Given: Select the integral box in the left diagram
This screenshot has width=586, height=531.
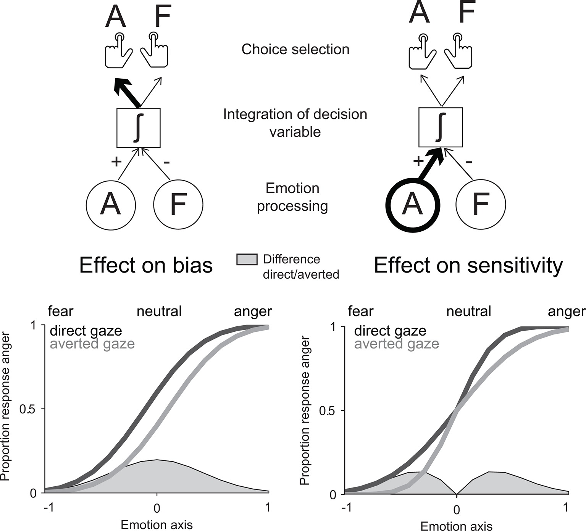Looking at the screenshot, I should (138, 128).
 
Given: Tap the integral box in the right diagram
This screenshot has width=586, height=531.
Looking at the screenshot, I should (441, 128).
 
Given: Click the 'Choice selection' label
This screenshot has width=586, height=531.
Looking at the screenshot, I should (295, 50).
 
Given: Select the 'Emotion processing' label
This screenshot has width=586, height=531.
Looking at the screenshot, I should (292, 197).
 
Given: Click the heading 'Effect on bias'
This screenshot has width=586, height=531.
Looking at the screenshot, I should (146, 265).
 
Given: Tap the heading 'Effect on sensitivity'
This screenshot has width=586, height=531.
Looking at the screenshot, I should (468, 265).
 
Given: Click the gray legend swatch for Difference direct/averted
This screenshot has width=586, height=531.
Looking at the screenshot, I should (247, 260).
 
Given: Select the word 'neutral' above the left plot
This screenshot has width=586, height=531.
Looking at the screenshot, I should (159, 311).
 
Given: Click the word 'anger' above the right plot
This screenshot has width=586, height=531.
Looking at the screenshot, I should (566, 312).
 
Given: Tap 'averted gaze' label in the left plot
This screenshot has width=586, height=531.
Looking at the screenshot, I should (92, 344).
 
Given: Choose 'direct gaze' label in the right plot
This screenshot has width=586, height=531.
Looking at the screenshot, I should (390, 331).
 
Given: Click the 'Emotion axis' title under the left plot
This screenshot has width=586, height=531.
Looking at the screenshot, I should (157, 525).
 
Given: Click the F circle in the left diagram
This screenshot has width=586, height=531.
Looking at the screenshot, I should (178, 205).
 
